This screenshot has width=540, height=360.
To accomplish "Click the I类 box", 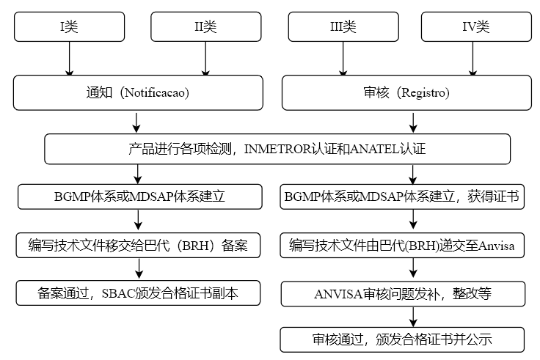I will pos(70,27).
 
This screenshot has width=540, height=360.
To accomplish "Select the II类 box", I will pos(205,27).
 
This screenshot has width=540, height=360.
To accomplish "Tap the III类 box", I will pos(343,27).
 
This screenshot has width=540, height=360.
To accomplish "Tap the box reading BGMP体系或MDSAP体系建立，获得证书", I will pos(402,196).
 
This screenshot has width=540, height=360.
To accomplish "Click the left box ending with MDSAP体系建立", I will pos(139,196).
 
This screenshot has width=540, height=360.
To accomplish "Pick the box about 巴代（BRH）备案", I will pos(139,246).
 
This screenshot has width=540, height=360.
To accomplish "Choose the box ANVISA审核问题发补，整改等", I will pos(402,294).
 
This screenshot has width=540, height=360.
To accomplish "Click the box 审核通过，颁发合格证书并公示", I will pos(402,339).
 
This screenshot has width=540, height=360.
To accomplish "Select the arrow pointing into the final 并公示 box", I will pos(413,317).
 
